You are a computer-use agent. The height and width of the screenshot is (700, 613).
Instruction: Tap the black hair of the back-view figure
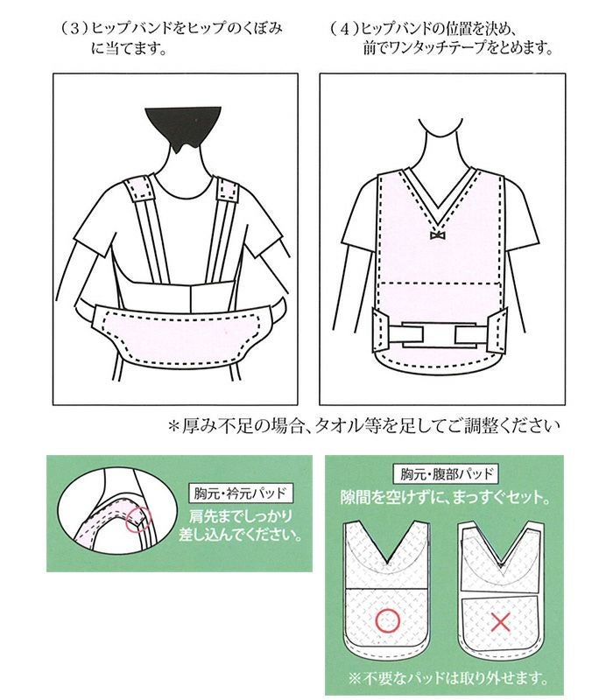pyautogui.click(x=183, y=127)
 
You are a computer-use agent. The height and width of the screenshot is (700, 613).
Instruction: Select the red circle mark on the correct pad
pyautogui.click(x=387, y=621)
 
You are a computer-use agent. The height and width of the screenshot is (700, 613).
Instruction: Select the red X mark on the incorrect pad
pyautogui.click(x=500, y=621)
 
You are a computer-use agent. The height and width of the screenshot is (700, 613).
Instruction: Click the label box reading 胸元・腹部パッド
pyautogui.click(x=445, y=474)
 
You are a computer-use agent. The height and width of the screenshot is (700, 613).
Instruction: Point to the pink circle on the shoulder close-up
pyautogui.click(x=138, y=520)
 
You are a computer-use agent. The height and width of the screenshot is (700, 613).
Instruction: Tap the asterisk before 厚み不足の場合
pyautogui.click(x=173, y=426)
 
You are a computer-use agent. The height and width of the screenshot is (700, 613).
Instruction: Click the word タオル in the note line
pyautogui.click(x=339, y=426)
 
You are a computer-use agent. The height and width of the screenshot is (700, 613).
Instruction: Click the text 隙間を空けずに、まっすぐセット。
pyautogui.click(x=445, y=497)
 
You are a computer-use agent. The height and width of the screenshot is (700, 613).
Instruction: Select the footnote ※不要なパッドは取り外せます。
pyautogui.click(x=447, y=679)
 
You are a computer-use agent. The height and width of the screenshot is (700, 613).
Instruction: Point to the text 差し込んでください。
pyautogui.click(x=240, y=535)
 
